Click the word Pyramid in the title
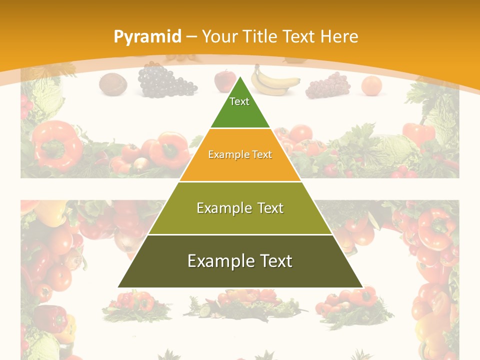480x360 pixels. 147,36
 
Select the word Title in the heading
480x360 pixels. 260,36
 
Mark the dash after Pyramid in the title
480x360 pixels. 191,37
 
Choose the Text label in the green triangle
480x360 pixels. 239,101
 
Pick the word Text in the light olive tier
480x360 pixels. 270,208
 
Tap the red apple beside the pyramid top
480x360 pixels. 224,81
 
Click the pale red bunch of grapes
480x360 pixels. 328,85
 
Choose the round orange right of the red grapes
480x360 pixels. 371,85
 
